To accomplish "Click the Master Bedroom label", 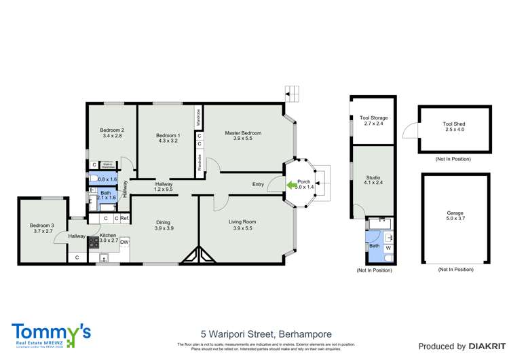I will coord(243,133).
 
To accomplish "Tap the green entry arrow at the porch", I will coord(290,183).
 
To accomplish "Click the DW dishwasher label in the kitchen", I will coord(124,241).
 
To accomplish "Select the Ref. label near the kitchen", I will coord(124,218).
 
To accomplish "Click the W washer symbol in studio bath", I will coord(388,248).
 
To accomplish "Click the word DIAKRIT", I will coord(483,346).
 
